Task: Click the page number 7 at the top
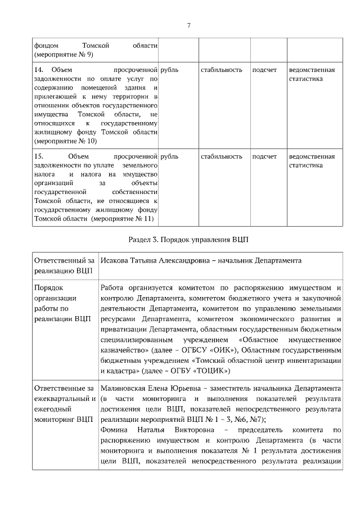(188, 25)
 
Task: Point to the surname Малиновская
(123, 389)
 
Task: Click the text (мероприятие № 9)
(64, 54)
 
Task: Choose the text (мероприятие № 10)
(65, 141)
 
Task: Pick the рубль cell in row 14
(169, 70)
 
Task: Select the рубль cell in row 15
(169, 156)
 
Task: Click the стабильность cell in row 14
(222, 70)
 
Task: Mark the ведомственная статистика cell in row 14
(312, 74)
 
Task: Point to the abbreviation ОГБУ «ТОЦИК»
(201, 371)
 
